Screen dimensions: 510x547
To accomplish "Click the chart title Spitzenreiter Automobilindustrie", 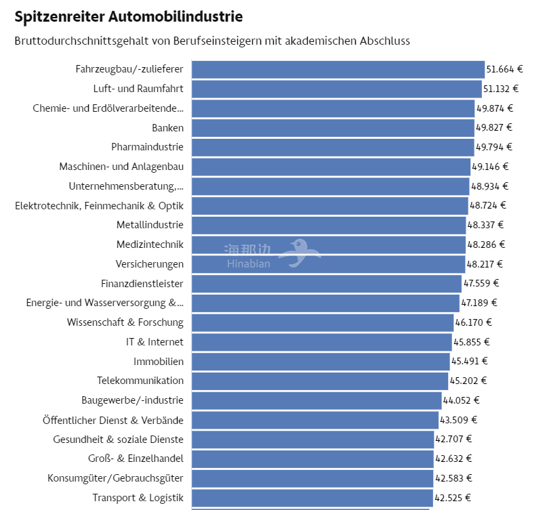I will pos(128,16).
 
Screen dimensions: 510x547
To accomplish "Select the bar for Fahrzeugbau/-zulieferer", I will pos(338,69).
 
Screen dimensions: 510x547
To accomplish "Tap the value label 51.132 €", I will pos(500,89).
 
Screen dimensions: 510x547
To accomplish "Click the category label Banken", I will pos(167,127).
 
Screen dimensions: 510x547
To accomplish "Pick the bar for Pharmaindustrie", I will pos(332,147).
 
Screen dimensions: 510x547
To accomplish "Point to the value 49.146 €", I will pos(490,167).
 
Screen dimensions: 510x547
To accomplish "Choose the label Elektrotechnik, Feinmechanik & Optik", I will pos(99,205).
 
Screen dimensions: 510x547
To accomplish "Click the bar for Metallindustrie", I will pos(328,225).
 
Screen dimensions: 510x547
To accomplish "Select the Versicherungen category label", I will pos(149,264).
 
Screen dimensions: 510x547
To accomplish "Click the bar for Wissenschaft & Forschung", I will pos(322,322).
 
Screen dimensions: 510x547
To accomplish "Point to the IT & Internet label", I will pos(155,342).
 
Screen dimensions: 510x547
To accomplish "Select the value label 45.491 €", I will pos(469,362).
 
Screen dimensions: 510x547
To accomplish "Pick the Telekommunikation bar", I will pos(319,381).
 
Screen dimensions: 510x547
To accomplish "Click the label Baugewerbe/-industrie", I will pos(132,400).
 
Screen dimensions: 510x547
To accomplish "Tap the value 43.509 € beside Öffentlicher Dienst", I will pos(458,420).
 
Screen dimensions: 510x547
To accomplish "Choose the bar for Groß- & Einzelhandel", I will pos(312,459).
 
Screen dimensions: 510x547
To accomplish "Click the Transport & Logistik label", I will pos(138,498).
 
